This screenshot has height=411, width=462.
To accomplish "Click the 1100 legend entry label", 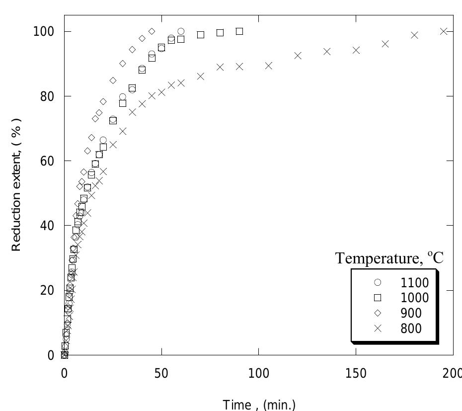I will point(414,283).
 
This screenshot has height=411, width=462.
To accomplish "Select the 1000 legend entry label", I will point(414,298).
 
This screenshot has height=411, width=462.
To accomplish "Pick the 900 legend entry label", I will point(411,313).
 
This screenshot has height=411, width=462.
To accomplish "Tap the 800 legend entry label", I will point(411,329).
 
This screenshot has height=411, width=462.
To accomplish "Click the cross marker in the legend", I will point(378,329).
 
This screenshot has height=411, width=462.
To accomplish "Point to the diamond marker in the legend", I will point(378,313).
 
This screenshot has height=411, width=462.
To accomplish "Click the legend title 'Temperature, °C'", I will point(389,258).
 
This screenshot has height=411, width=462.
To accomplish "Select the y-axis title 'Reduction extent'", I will point(17,185).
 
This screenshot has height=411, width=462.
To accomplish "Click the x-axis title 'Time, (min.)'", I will point(259,405).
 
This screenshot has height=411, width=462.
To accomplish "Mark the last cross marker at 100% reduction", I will point(444,31).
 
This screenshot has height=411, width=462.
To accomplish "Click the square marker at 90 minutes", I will point(239,31).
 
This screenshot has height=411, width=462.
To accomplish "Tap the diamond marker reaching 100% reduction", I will point(152,31).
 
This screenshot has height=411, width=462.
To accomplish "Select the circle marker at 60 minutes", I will point(181,31).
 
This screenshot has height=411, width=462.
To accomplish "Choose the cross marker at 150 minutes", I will point(356,50).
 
